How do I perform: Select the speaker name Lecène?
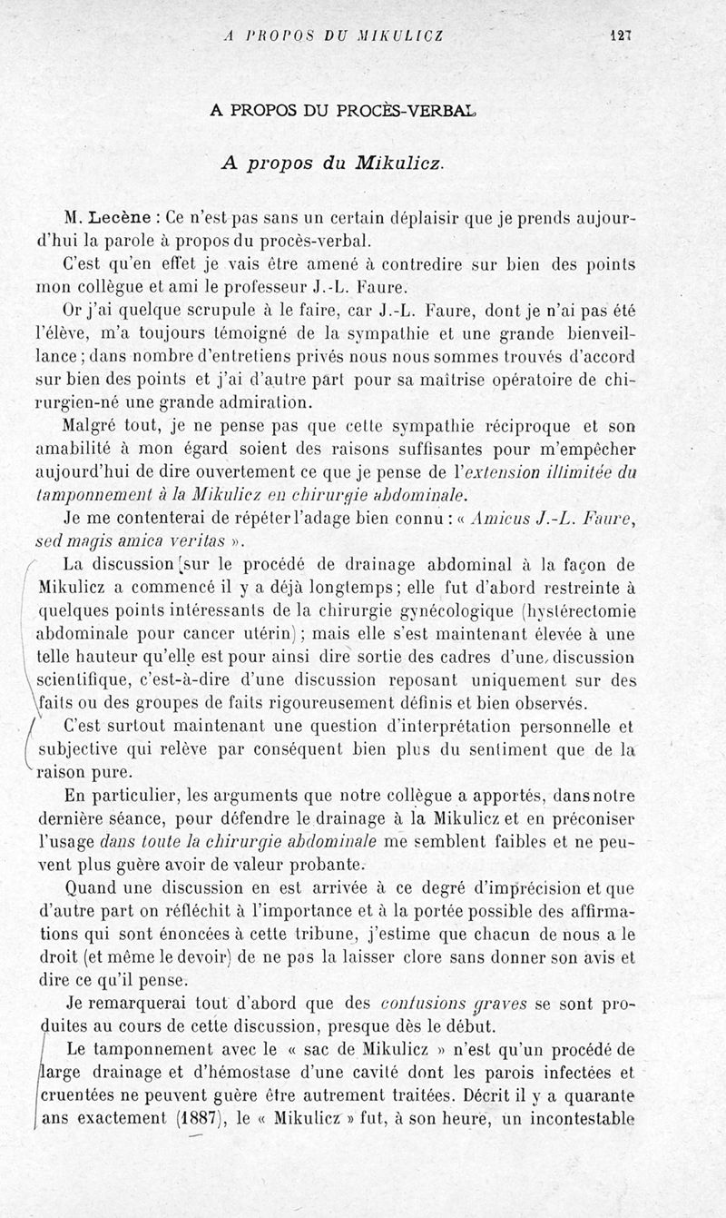[x=122, y=219]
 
